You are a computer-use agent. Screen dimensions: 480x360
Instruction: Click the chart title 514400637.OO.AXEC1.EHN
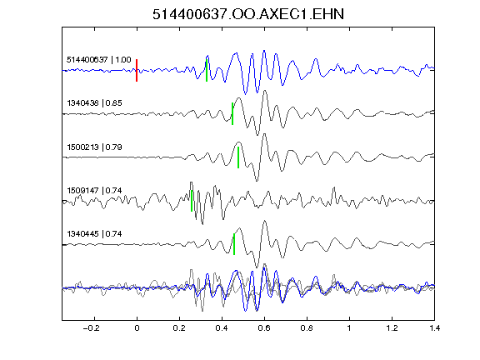pos(248,14)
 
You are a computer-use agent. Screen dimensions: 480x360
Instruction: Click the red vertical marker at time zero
pos(137,70)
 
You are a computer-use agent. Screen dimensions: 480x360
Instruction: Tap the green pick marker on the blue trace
pos(207,70)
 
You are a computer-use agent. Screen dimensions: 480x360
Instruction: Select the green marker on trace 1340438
pos(232,113)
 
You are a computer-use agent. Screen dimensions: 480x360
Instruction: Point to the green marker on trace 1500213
pos(238,157)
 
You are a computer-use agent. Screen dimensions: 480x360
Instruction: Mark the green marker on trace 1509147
pos(192,201)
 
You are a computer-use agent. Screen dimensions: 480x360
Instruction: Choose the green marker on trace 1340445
pos(234,244)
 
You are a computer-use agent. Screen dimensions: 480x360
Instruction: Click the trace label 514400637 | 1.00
pos(99,59)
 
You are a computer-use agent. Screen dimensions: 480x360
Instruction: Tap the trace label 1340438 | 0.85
pos(95,102)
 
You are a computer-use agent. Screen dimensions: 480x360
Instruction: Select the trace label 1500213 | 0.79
pos(95,147)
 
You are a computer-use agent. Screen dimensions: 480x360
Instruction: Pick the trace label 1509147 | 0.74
pos(95,190)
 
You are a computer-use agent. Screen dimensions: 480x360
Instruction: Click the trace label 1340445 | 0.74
pos(95,234)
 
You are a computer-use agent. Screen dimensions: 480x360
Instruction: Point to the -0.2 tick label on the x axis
pos(92,328)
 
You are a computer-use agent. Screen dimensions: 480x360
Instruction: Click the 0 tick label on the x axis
pos(137,328)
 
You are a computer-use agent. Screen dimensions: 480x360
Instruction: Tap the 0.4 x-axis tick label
pos(222,328)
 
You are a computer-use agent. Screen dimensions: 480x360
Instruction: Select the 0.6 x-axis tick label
pos(264,328)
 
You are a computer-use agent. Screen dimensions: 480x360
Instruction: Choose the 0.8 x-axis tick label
pos(307,328)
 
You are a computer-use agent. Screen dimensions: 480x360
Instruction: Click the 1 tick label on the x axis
pos(349,328)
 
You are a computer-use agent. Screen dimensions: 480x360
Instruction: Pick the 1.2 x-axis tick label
pos(392,328)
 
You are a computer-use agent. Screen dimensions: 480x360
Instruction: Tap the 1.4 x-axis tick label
pos(434,328)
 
